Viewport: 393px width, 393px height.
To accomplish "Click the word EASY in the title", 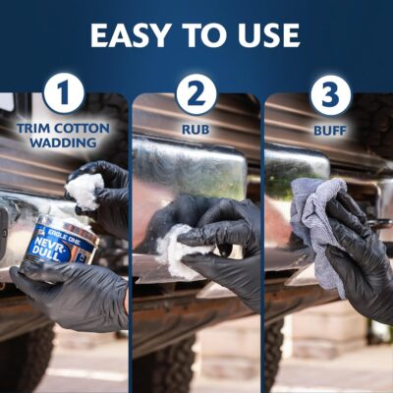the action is [130, 35].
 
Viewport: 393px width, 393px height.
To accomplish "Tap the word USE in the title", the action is [268, 35].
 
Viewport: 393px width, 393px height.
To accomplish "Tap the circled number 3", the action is [330, 94].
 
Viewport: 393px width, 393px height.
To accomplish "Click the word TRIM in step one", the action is [33, 129].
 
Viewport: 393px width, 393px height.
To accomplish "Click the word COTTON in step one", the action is [82, 129].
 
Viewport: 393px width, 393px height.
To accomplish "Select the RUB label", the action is [196, 130].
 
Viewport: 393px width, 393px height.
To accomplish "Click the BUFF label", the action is [330, 131].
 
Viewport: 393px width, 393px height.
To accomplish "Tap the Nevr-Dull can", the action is [59, 244].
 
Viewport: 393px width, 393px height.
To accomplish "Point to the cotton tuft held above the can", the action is [84, 191].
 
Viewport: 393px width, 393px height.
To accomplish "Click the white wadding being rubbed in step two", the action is [180, 250].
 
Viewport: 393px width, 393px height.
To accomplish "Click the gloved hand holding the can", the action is [76, 295].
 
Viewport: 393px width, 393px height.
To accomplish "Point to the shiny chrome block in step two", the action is [190, 167].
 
